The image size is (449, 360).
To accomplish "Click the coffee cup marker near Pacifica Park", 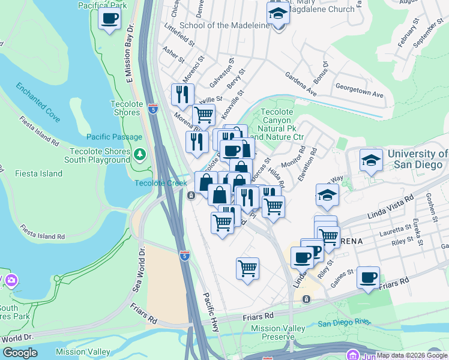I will [109, 19].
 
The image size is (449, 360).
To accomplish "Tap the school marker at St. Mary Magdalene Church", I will [278, 12].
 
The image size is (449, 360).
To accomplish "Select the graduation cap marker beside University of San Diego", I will [371, 160].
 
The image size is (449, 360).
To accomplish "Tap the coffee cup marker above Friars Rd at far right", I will [368, 278].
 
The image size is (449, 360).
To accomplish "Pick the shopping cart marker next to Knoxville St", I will [203, 114].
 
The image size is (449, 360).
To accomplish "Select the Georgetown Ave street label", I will [359, 90].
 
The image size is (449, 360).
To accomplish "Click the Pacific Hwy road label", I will [213, 311].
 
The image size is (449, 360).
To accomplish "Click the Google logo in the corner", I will [20, 353].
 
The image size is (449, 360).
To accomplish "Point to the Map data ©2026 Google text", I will [412, 356].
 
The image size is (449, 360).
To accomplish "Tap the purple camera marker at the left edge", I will [11, 280].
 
